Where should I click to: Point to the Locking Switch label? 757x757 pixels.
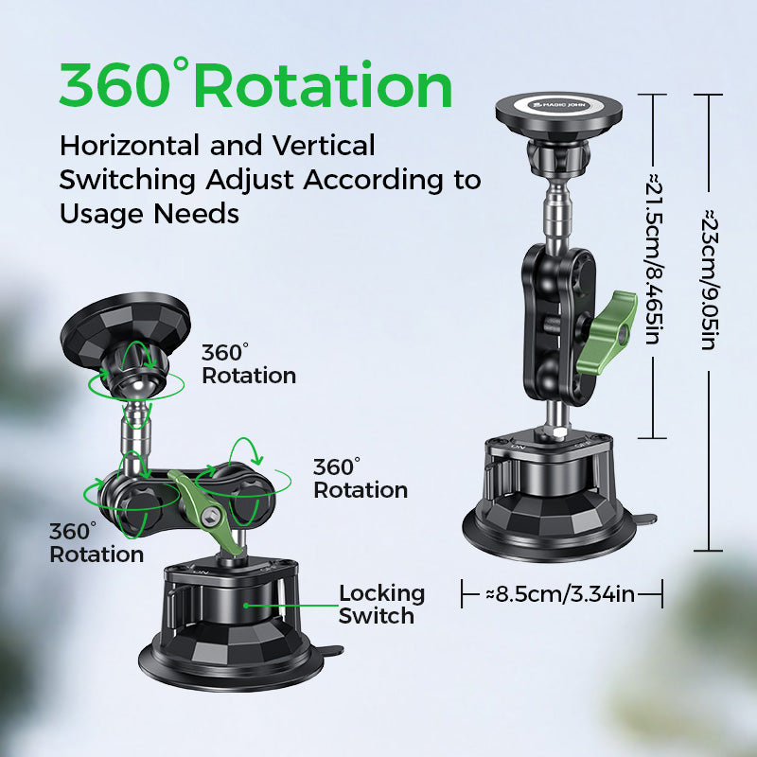pyautogui.click(x=381, y=605)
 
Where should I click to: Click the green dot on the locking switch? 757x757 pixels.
pyautogui.click(x=246, y=604)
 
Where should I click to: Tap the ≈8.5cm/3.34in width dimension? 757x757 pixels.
pyautogui.click(x=560, y=594)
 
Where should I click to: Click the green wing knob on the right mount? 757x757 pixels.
pyautogui.click(x=618, y=317)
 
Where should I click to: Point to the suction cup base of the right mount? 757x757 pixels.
pyautogui.click(x=547, y=520)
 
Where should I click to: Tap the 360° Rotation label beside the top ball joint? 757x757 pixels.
pyautogui.click(x=248, y=364)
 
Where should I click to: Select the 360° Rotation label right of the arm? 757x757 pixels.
pyautogui.click(x=360, y=479)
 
